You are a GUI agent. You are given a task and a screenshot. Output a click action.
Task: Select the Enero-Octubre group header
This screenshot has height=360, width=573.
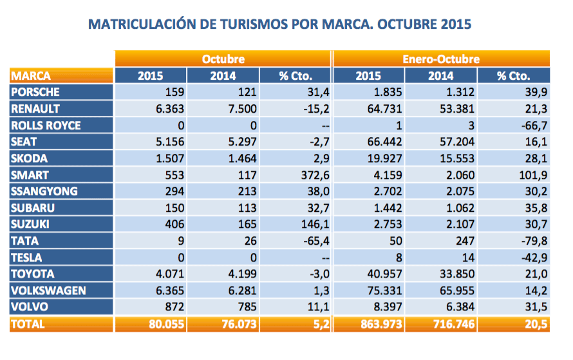click(441, 59)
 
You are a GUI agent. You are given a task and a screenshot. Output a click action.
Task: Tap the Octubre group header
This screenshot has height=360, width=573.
click(223, 59)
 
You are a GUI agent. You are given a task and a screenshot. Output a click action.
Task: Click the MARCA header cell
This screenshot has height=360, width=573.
click(30, 75)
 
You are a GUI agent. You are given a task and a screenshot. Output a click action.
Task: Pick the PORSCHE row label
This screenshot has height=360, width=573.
click(35, 92)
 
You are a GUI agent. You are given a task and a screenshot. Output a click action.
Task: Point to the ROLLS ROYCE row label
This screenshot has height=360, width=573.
click(46, 125)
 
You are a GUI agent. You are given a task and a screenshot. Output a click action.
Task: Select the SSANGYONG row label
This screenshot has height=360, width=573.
click(44, 191)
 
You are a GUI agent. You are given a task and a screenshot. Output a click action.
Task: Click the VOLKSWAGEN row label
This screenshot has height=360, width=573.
click(48, 290)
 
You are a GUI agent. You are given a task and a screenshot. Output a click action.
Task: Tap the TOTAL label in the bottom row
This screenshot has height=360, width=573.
click(28, 323)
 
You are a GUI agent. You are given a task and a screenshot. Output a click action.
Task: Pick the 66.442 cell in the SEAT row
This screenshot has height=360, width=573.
click(366, 142)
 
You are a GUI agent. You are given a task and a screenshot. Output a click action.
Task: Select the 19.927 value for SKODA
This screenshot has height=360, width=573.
click(366, 158)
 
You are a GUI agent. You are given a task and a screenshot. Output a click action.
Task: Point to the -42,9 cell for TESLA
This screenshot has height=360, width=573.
click(533, 257)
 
